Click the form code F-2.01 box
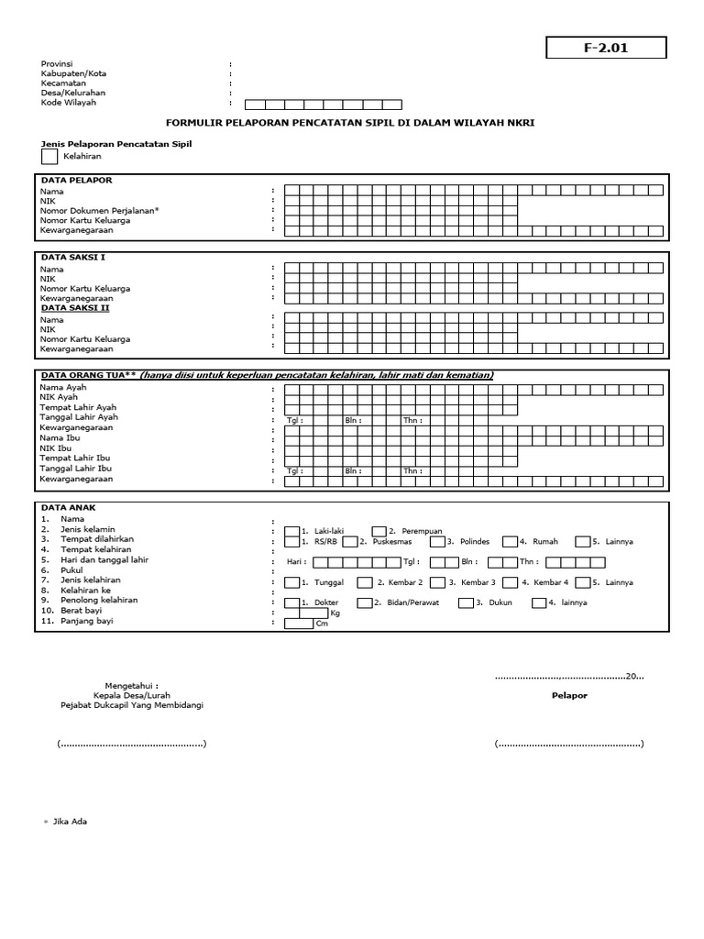[606, 48]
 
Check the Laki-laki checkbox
[291, 530]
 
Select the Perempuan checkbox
[379, 530]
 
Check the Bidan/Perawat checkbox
[364, 602]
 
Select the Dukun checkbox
[466, 602]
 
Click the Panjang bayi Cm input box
[298, 624]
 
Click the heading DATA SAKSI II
[78, 308]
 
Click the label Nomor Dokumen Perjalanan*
[99, 211]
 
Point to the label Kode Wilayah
[68, 103]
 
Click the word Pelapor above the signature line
[568, 696]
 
